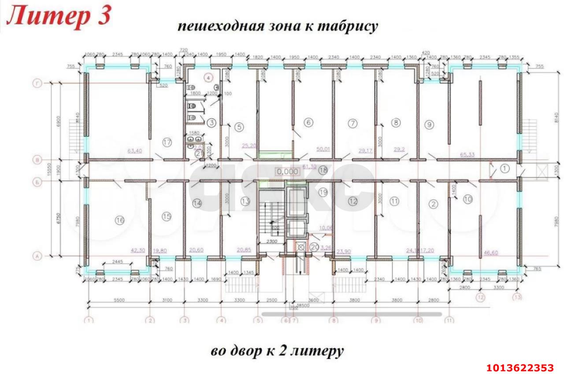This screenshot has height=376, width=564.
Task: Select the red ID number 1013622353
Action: [519, 368]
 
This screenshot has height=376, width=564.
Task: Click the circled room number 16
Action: [119, 220]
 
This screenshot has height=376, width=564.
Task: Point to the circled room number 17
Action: [167, 142]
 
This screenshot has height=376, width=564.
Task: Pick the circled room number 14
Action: [197, 203]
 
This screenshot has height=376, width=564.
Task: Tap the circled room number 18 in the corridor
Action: [323, 170]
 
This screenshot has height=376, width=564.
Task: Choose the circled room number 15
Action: [167, 216]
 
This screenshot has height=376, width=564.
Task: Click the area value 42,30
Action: [138, 250]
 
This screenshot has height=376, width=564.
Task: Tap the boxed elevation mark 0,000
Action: [286, 171]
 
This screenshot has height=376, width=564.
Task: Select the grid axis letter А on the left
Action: [39, 254]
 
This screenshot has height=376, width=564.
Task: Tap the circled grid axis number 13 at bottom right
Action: [517, 297]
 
